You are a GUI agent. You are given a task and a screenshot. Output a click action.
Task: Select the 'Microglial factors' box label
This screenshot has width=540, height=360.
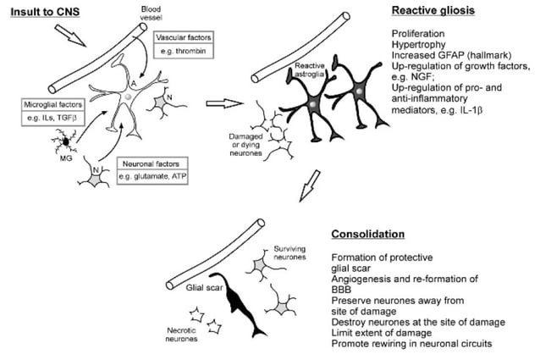pos(53,103)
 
